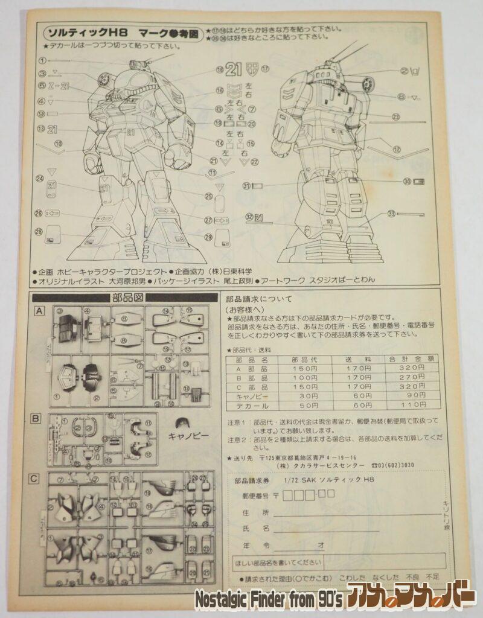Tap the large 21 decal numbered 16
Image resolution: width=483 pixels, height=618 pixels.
233,69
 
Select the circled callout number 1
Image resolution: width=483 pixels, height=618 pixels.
42,60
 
